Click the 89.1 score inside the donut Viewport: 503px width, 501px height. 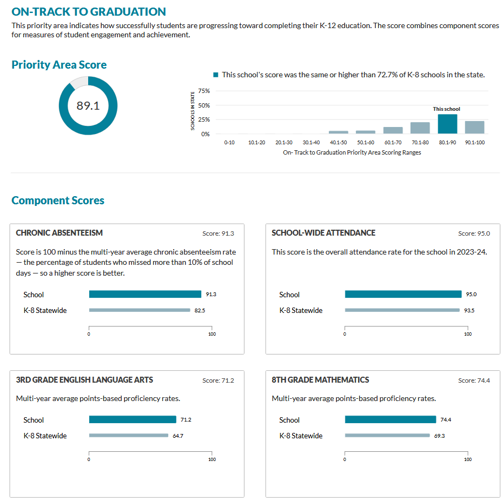pos(88,106)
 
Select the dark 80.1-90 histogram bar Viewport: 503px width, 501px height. pos(447,124)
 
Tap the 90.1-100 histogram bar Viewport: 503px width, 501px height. pos(474,127)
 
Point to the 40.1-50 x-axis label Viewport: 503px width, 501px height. pos(339,142)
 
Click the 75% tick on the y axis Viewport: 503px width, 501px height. pos(204,91)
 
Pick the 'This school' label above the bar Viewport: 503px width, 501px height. pos(447,109)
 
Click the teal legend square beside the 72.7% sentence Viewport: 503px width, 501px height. pos(216,75)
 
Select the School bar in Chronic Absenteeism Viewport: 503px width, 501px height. pos(145,295)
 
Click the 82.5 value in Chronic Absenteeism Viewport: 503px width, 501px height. pos(200,311)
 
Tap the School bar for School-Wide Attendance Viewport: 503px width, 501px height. pos(403,295)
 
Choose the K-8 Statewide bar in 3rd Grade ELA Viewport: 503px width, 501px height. pos(129,436)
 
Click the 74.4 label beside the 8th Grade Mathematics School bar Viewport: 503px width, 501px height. pos(446,420)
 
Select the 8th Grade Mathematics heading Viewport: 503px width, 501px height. pos(320,380)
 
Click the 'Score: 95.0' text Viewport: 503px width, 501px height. pos(474,233)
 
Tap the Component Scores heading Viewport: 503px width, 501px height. pos(58,201)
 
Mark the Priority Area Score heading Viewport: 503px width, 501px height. pos(59,65)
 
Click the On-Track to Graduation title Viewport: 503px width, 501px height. pos(89,12)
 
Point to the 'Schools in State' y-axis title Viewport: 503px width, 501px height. pos(193,111)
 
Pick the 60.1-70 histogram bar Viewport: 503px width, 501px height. pos(393,130)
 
